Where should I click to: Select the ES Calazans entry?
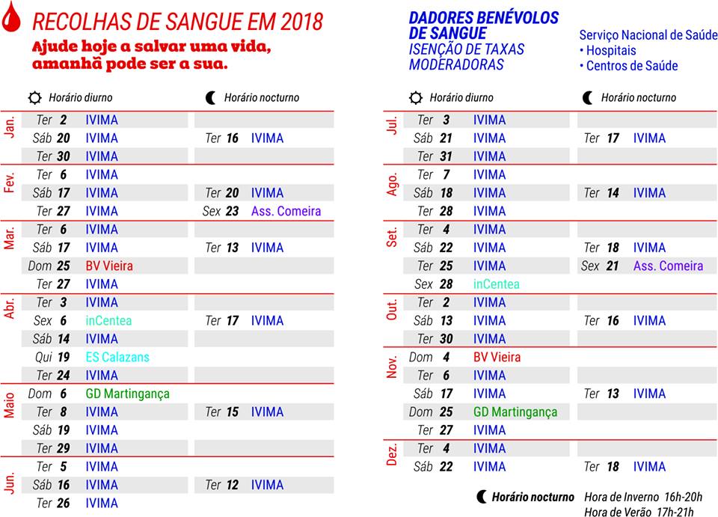click(x=117, y=357)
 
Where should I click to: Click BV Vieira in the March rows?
click(x=109, y=266)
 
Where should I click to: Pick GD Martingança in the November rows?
click(x=515, y=412)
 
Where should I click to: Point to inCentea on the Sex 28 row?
click(x=496, y=284)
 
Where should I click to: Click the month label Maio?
click(x=10, y=403)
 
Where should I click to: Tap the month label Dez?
click(x=391, y=454)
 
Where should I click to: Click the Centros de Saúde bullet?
click(x=628, y=66)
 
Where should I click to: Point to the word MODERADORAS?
click(x=456, y=64)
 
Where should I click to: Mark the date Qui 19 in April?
click(x=52, y=357)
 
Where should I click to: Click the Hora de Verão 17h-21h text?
click(x=639, y=511)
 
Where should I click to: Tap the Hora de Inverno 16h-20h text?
click(x=643, y=497)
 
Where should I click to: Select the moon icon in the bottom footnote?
click(x=482, y=497)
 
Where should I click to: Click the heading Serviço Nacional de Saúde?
click(x=648, y=35)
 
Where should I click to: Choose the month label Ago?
click(x=392, y=184)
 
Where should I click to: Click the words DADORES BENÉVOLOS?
click(x=483, y=17)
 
